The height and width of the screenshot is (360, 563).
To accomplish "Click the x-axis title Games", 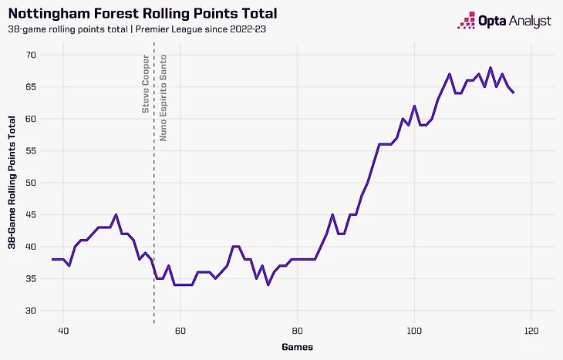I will coord(297,348).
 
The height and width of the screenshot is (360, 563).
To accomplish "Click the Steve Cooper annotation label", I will coord(146,84).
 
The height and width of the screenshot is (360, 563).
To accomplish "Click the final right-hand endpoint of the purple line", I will coord(514,93).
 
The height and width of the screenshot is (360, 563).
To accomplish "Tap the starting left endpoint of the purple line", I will coord(52,259).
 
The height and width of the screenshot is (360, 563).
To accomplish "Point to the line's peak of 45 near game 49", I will coord(116,214).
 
